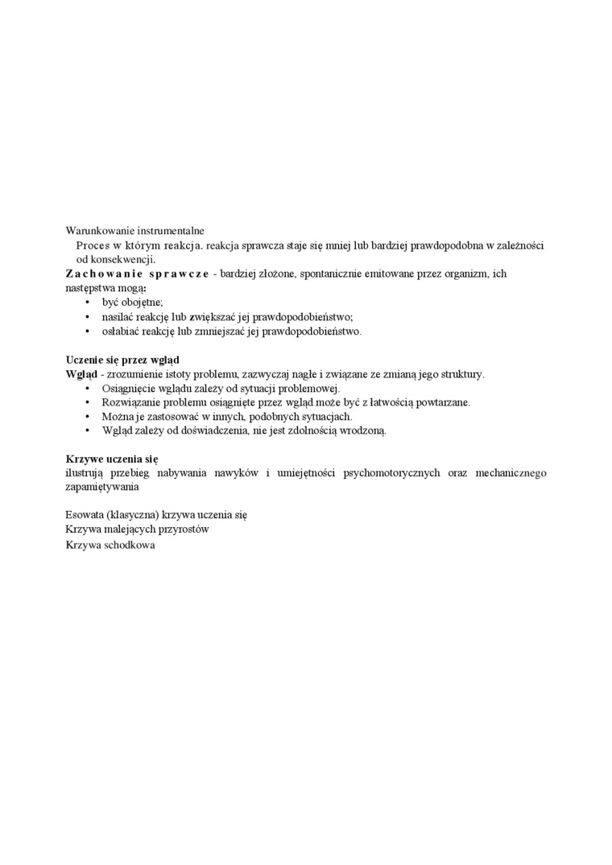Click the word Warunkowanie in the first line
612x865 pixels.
coord(96,230)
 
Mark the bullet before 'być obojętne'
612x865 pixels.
coord(87,303)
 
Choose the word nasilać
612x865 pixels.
coord(119,317)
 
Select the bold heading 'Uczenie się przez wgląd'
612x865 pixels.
coord(122,360)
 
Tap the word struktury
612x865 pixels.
coord(461,374)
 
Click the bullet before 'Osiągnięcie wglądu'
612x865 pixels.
coord(87,389)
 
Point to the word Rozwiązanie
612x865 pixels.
coord(130,402)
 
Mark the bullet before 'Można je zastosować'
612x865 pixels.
coord(87,417)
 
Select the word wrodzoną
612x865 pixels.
coord(364,431)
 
